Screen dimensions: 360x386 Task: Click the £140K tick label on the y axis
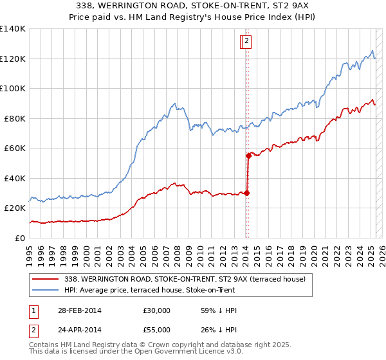pos(13,29)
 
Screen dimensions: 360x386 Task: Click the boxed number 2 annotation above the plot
pos(246,42)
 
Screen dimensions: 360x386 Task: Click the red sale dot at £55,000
pos(248,156)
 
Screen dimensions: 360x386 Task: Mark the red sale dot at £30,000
pos(246,193)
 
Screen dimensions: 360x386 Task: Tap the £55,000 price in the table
pos(157,329)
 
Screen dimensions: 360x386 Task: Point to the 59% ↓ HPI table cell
pos(219,310)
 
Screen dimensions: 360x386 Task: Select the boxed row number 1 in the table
pos(32,310)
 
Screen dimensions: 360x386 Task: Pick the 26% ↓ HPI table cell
pos(219,329)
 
